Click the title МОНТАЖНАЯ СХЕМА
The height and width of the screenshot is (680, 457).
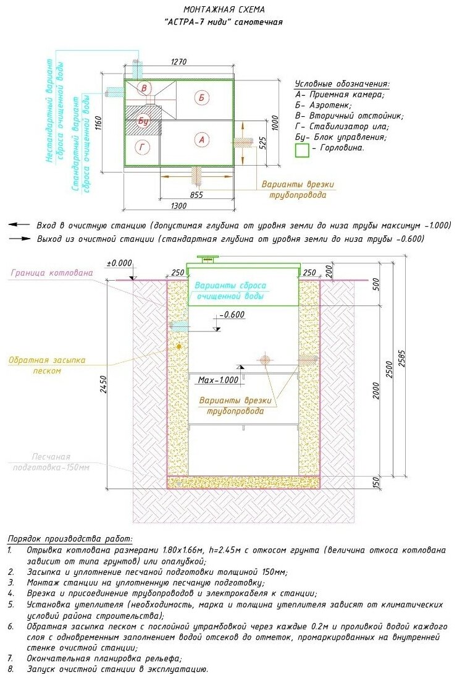(x=224, y=10)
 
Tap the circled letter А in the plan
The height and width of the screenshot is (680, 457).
(x=199, y=140)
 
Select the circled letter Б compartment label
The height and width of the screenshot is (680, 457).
(x=201, y=96)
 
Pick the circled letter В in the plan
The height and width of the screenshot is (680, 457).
(x=145, y=88)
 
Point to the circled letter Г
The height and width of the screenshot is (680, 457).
(x=143, y=147)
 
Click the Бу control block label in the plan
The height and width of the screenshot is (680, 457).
(x=144, y=119)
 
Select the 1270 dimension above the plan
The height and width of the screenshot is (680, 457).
(x=178, y=62)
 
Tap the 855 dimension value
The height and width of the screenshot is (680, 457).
(x=196, y=195)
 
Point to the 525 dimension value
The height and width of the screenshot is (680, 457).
(x=262, y=143)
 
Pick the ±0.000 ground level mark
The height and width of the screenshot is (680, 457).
(x=119, y=263)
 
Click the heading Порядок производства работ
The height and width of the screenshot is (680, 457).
(x=70, y=539)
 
